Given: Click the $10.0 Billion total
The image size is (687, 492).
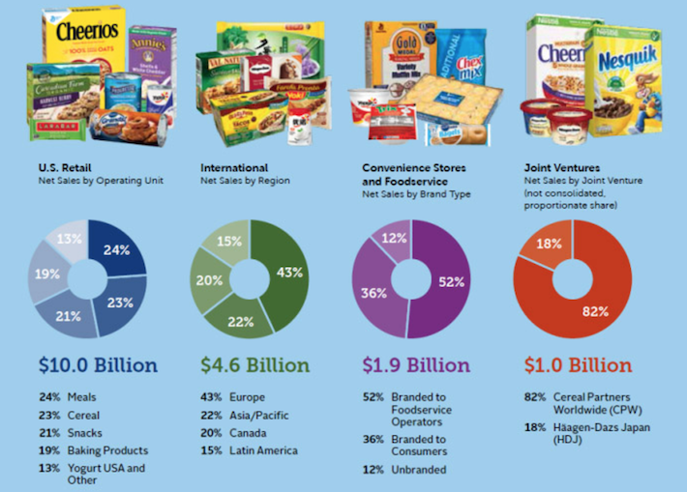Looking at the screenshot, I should [x=98, y=365].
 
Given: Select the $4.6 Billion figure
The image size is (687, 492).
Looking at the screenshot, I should [x=254, y=365].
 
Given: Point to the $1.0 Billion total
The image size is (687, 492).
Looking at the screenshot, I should [x=578, y=365].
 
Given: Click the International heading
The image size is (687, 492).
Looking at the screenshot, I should [x=234, y=167].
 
